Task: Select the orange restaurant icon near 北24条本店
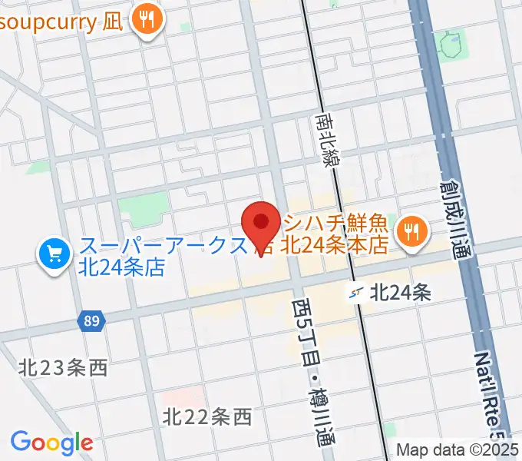pos(412,231)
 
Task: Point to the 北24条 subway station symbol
pos(355,292)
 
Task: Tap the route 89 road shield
pos(91,320)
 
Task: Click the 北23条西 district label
pos(64,367)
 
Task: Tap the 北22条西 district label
pos(207,417)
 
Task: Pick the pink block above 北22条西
pos(188,396)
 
